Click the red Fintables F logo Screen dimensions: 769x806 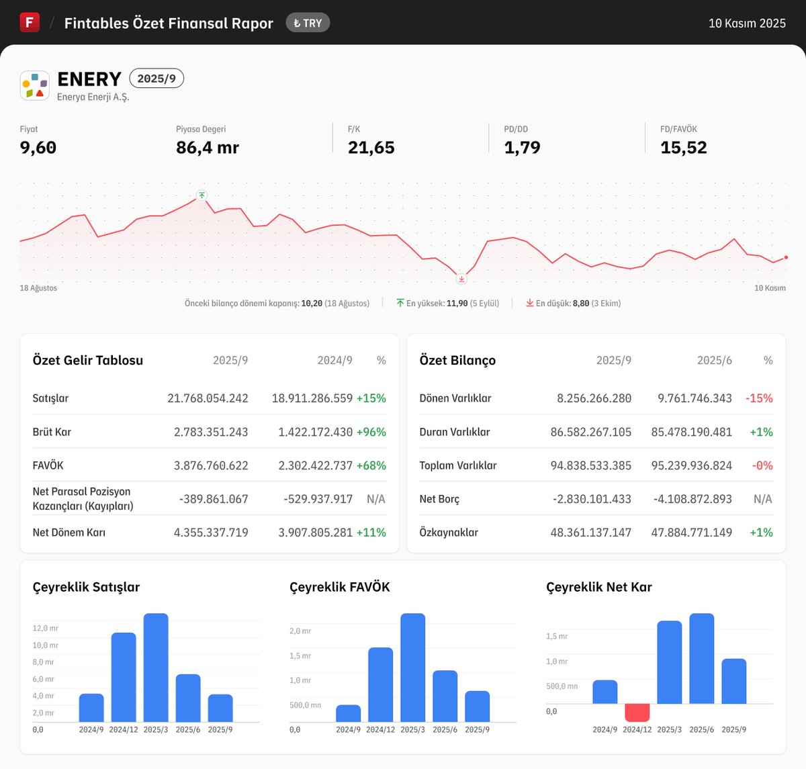click(30, 22)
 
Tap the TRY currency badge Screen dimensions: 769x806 click(308, 23)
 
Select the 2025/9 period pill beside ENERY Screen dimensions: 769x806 click(156, 79)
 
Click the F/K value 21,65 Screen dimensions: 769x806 click(371, 148)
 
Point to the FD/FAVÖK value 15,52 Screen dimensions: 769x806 click(683, 148)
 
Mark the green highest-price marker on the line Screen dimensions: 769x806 click(201, 195)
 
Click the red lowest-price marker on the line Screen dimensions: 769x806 click(461, 279)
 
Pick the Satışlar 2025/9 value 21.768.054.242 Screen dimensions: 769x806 click(208, 398)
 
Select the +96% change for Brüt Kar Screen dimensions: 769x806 click(371, 432)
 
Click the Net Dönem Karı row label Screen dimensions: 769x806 click(69, 533)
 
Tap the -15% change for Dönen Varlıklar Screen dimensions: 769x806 click(759, 398)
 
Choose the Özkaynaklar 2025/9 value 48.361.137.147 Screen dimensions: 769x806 click(591, 533)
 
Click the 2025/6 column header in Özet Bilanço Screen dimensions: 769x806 click(715, 361)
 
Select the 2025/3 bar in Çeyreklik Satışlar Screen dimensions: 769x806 click(156, 668)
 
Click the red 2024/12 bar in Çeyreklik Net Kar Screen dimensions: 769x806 click(637, 712)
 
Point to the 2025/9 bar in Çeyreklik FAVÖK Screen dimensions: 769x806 click(477, 707)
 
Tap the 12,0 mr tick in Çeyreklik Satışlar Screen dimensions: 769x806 click(45, 629)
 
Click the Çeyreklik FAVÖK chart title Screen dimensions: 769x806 click(340, 587)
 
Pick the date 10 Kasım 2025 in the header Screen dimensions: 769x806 click(747, 24)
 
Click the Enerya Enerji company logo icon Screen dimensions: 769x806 click(35, 86)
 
